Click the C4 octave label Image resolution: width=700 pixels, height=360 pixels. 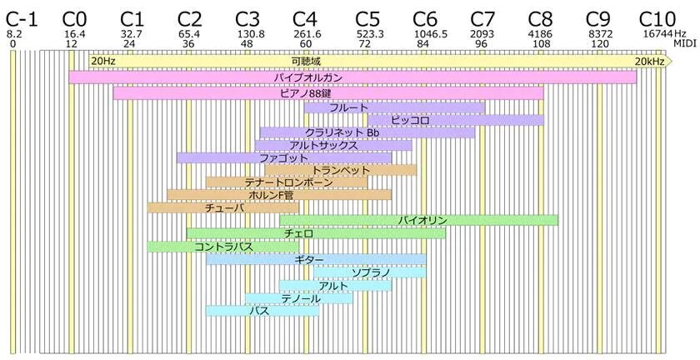[305, 19]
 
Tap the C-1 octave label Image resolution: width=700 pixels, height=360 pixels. [21, 19]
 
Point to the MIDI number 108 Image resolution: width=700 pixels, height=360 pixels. [541, 44]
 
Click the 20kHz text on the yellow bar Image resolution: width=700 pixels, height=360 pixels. [649, 62]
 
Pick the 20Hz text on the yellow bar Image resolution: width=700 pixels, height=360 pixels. [103, 62]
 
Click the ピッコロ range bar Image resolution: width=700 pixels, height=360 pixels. [456, 120]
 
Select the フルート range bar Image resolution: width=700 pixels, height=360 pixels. [394, 107]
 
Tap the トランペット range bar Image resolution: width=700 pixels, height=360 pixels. [341, 170]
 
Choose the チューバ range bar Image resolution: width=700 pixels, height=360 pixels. [223, 207]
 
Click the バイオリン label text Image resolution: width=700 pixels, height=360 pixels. [422, 220]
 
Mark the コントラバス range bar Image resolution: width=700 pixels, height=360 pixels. [223, 247]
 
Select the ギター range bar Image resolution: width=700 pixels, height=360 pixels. [316, 259]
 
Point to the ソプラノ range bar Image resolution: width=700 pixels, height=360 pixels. [370, 272]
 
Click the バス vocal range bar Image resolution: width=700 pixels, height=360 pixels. [262, 311]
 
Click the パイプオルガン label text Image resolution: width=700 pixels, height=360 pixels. [308, 77]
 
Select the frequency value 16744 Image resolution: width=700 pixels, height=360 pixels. [655, 34]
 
